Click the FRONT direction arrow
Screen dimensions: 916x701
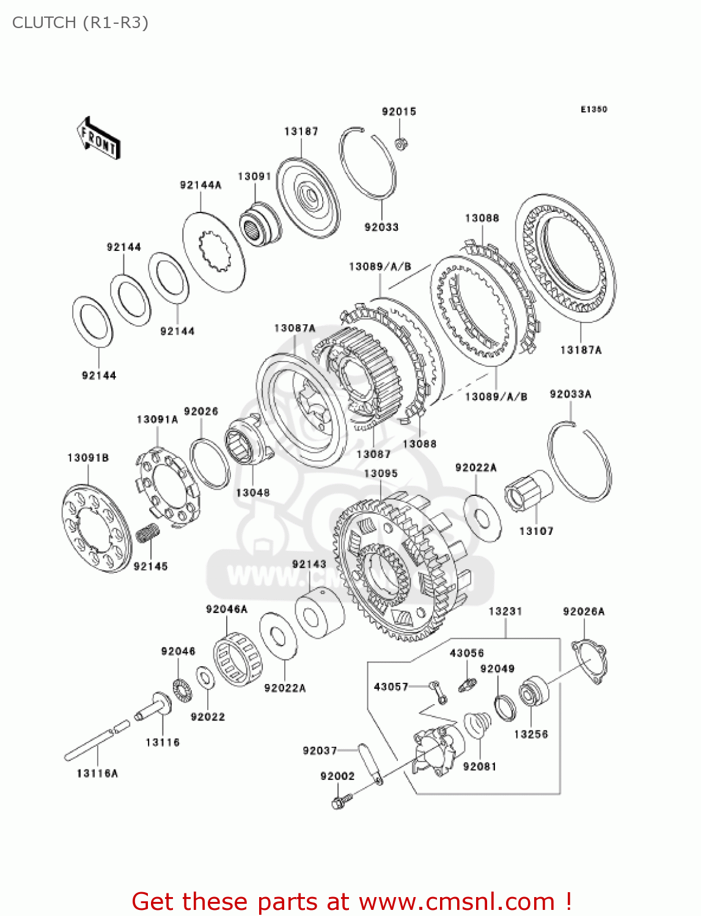98,139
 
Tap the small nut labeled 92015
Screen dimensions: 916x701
401,144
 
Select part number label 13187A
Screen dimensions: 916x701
580,350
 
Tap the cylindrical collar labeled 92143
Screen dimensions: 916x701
319,613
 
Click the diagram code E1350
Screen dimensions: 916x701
593,109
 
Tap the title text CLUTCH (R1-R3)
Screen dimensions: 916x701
80,23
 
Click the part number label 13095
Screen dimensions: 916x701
380,473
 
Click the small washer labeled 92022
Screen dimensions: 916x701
205,677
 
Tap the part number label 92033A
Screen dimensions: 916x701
570,394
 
